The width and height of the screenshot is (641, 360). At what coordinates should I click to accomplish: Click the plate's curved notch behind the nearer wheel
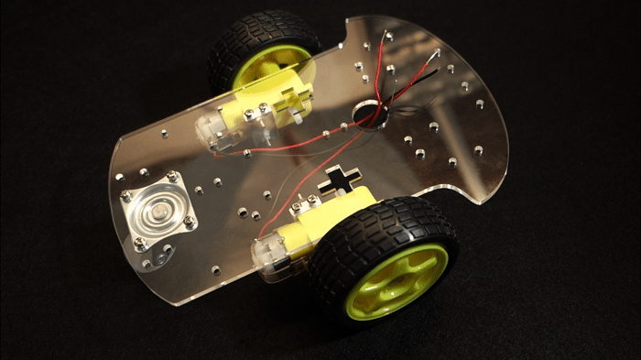449,192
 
